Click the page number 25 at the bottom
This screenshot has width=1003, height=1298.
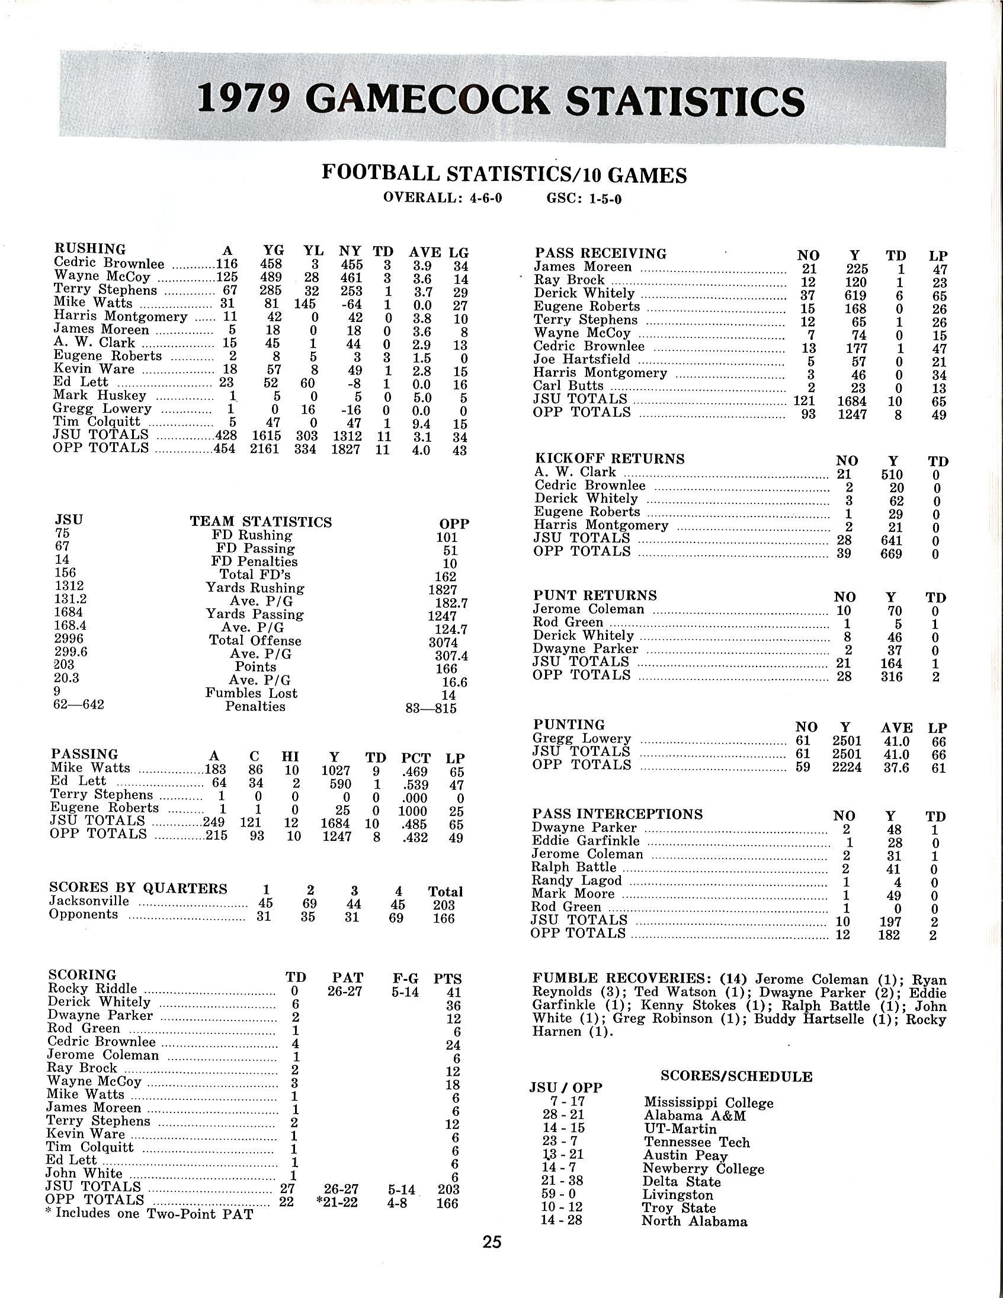point(492,1242)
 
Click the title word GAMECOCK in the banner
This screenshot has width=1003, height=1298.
point(431,100)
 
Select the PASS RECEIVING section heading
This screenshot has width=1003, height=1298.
point(600,253)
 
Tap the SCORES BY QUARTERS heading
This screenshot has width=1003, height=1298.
point(138,888)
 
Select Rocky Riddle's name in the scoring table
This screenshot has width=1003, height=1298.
point(92,988)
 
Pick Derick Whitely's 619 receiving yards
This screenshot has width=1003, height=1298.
point(856,295)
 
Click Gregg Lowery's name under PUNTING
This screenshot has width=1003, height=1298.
point(581,738)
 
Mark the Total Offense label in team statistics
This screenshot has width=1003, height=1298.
point(255,640)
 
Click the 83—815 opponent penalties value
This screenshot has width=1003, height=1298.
point(431,709)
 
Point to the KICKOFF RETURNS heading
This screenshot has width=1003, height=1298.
point(609,459)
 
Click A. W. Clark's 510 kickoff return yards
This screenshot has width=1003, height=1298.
point(892,474)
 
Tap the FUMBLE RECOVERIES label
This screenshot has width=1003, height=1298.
point(621,978)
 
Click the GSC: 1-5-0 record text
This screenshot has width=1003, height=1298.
point(584,198)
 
